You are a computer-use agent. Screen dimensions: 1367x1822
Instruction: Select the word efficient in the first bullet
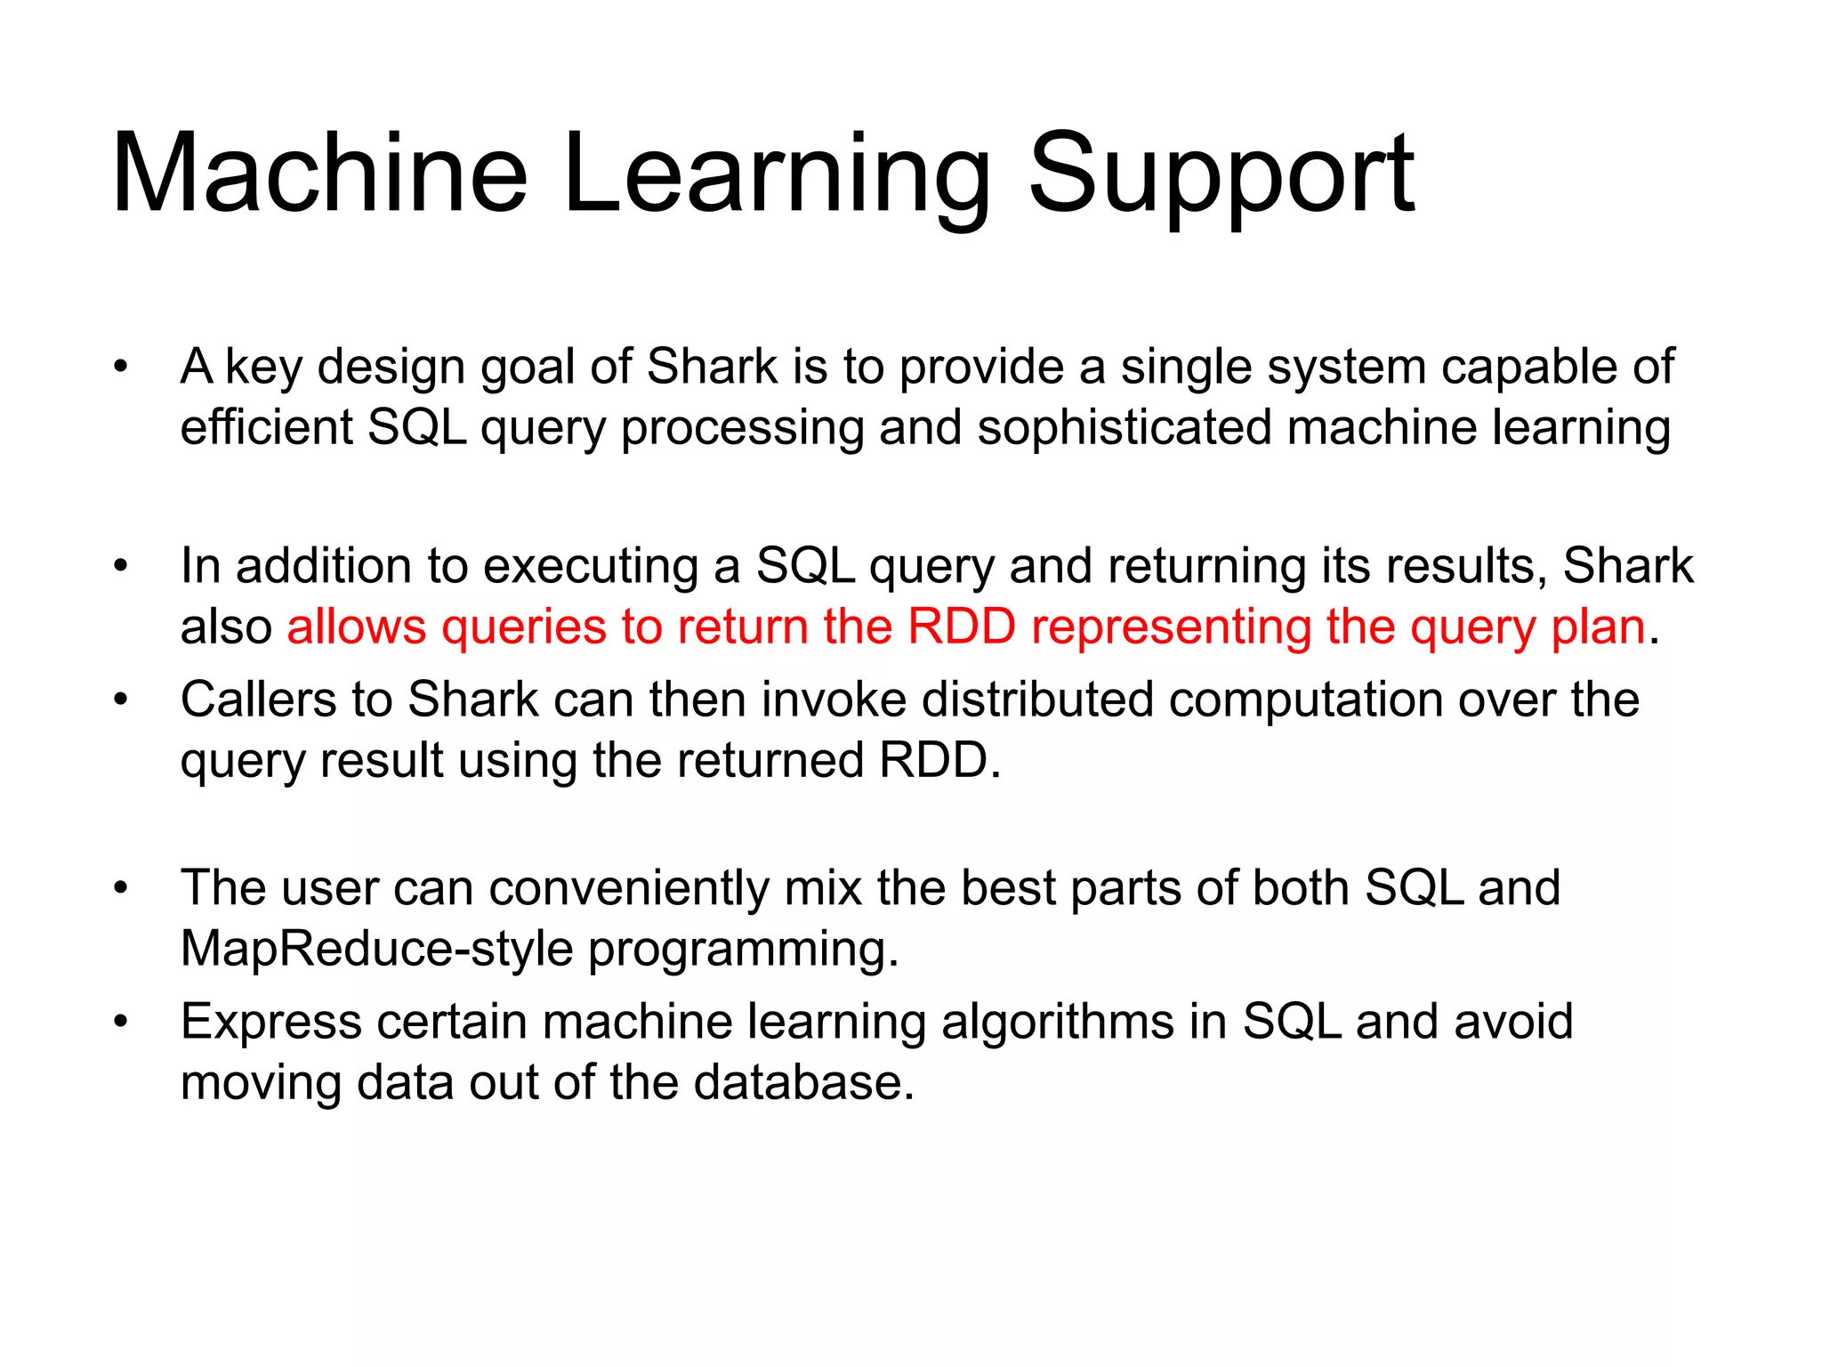click(266, 427)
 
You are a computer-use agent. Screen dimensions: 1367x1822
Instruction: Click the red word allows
click(356, 627)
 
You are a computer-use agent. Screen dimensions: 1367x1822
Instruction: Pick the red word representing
click(1171, 627)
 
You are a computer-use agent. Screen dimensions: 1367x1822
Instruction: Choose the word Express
click(270, 1022)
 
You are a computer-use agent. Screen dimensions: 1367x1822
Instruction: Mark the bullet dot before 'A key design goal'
click(121, 366)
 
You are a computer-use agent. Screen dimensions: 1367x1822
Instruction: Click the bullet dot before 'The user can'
click(121, 887)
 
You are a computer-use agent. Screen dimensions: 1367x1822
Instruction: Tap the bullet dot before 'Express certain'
click(121, 1021)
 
